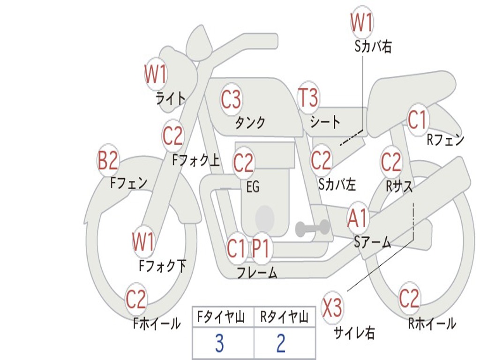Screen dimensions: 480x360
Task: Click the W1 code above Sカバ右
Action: pos(362,22)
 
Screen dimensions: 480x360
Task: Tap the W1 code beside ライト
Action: pos(156,74)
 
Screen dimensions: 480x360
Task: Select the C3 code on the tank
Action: pos(231,99)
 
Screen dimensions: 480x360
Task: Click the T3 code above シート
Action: pos(308,98)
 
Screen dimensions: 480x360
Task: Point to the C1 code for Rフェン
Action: pos(417,120)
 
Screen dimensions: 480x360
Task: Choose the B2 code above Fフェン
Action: pos(107,161)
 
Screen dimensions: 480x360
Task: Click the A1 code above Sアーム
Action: pos(358,218)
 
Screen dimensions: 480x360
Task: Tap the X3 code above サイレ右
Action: pos(332,308)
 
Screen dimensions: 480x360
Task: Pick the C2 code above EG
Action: pos(243,163)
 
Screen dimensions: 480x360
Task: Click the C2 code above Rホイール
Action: pos(409,298)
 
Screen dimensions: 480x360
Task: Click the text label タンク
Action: pos(250,123)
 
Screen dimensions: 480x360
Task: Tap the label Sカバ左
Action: pos(337,184)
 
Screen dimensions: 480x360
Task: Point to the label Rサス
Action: pos(399,186)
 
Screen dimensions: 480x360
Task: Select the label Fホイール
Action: pos(157,323)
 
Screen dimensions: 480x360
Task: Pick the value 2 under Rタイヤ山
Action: pos(281,344)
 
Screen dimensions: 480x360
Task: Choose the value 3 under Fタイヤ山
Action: pos(219,344)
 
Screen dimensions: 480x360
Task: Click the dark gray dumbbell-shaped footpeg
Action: pos(312,228)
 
